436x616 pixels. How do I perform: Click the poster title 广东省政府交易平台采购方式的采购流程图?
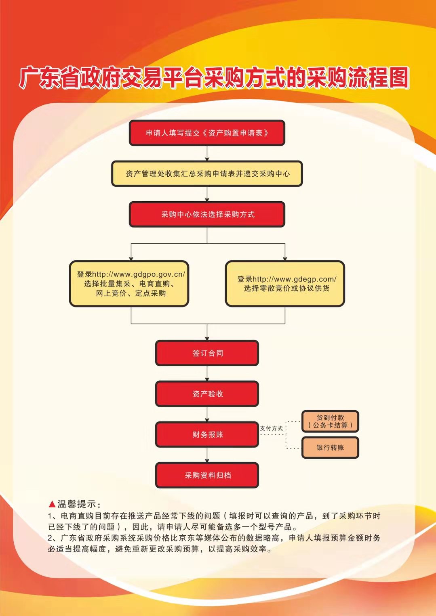[214, 77]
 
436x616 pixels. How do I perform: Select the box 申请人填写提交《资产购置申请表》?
[207, 133]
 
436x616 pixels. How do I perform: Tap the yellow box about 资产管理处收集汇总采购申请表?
[207, 174]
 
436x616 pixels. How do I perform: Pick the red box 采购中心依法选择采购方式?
[207, 214]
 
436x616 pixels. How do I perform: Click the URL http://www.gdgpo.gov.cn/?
[139, 274]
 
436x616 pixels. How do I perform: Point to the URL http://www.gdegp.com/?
[294, 279]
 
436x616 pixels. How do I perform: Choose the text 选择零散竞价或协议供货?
[286, 288]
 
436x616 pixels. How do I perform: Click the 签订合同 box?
[207, 353]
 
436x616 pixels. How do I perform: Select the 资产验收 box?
[207, 394]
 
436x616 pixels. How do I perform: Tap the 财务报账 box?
[207, 434]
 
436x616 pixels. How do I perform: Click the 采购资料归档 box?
[207, 475]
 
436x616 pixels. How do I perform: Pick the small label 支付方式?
[272, 428]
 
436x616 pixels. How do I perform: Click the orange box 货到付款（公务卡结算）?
[330, 422]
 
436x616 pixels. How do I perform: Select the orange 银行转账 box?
[330, 447]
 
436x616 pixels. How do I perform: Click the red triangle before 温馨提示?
[52, 504]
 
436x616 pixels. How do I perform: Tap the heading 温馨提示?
[77, 504]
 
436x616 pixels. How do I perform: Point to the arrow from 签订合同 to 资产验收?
[207, 374]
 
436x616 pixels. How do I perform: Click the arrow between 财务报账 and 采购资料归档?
[207, 455]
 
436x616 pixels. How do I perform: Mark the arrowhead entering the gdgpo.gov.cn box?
[131, 258]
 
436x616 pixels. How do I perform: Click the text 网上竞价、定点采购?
[131, 293]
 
